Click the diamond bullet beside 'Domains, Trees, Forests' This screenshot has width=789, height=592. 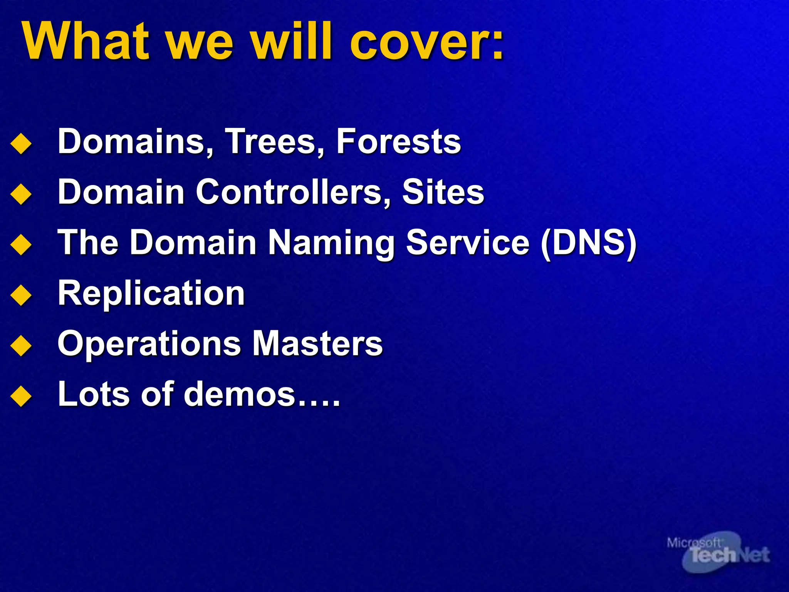(x=21, y=144)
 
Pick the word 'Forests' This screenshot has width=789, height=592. (x=398, y=141)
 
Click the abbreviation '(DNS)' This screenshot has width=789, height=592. (x=588, y=243)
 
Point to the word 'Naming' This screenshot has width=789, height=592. (x=331, y=243)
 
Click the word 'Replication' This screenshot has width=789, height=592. (x=151, y=294)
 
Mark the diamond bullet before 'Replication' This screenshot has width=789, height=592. (x=21, y=296)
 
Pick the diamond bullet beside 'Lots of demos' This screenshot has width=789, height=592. (x=21, y=397)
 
